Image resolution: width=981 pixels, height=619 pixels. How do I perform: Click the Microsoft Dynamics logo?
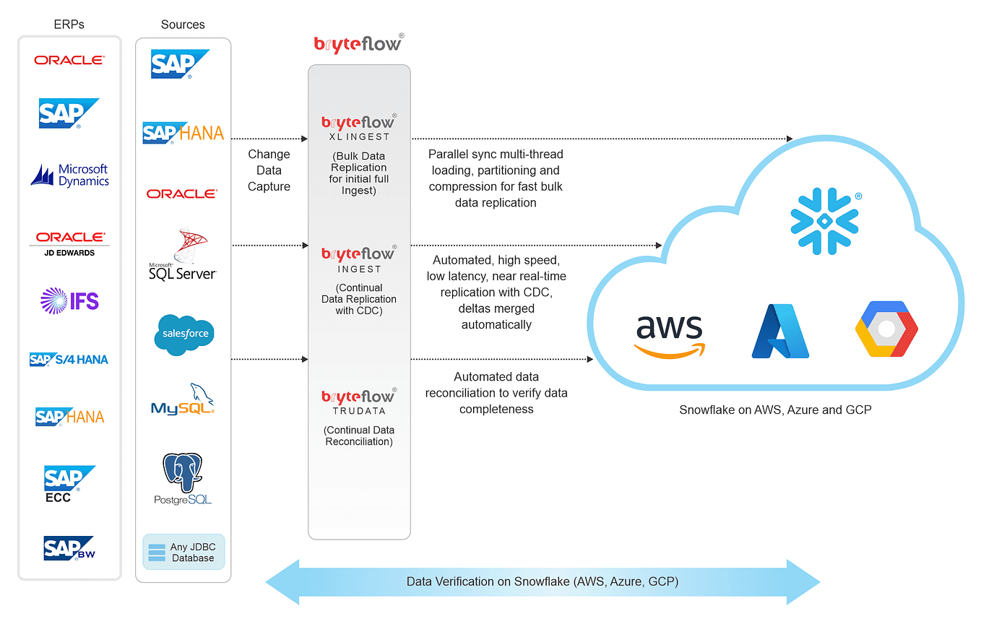click(x=70, y=176)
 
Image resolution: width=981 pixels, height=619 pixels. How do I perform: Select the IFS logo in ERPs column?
click(x=70, y=300)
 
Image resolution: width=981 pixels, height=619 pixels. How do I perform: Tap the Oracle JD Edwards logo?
click(x=70, y=243)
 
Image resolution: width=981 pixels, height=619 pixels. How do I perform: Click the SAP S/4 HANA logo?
click(x=69, y=359)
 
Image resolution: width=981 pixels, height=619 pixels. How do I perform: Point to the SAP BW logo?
click(x=69, y=548)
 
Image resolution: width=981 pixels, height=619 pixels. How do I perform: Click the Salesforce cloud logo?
click(x=183, y=334)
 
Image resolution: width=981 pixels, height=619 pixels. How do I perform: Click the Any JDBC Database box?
click(x=183, y=553)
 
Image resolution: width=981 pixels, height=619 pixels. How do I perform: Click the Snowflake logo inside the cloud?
click(x=824, y=220)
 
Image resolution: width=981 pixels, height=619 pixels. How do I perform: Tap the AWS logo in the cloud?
click(x=670, y=334)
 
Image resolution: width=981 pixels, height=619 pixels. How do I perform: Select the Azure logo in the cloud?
click(x=780, y=332)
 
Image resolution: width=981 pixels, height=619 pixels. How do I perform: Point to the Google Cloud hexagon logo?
click(x=886, y=330)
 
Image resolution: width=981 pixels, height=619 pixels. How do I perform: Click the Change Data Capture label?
click(x=269, y=170)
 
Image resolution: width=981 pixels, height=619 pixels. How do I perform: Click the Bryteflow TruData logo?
click(x=358, y=401)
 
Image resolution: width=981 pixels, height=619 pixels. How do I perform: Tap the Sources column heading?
click(x=183, y=25)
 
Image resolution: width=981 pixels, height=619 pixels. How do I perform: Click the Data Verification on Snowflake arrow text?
click(x=543, y=581)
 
